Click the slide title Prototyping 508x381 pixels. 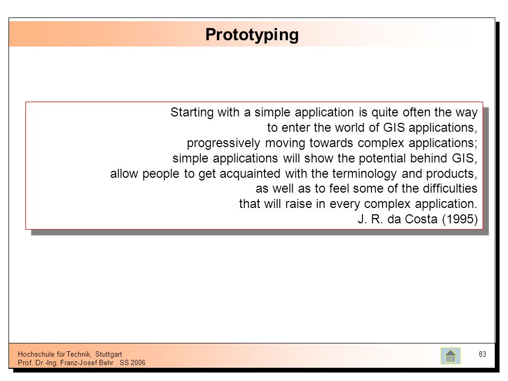tap(252, 35)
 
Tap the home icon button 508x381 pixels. tap(450, 356)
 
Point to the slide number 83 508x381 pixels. tap(483, 354)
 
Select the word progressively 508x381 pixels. tap(223, 143)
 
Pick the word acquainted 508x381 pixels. tap(250, 174)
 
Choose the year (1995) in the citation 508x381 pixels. tap(460, 219)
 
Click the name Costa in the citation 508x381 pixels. tap(421, 219)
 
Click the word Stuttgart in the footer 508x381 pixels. tap(108, 354)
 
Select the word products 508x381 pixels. tap(451, 174)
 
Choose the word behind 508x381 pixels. tap(429, 158)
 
